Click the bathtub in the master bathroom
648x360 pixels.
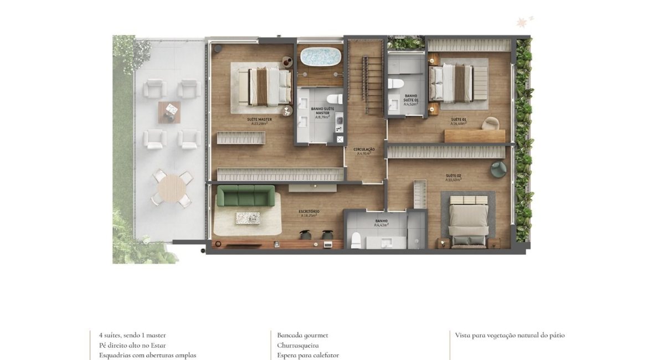tap(321, 56)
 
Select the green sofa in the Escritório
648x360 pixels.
tap(245, 196)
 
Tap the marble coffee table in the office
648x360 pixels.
tap(248, 218)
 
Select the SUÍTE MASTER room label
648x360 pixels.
tap(259, 120)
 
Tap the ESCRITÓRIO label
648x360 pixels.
tap(309, 212)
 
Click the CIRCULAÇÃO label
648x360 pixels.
tap(364, 150)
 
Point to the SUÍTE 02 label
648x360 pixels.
tap(453, 176)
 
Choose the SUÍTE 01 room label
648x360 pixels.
tap(458, 120)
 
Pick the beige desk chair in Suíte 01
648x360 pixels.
tap(490, 123)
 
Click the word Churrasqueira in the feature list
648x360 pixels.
tap(297, 345)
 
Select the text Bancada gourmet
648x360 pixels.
tap(302, 335)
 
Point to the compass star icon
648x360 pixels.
tap(521, 23)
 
